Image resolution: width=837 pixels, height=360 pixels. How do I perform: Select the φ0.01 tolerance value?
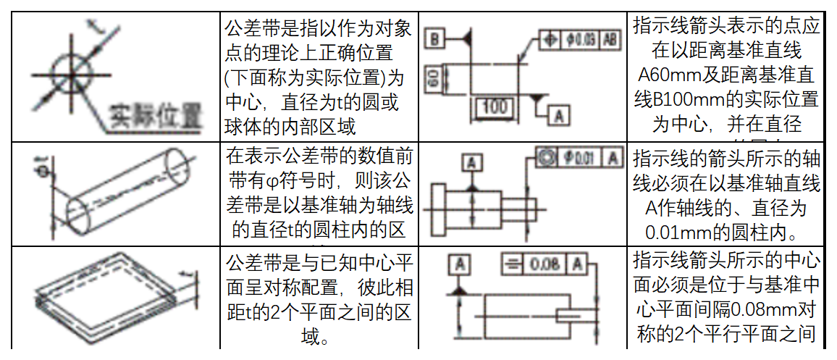coord(580,156)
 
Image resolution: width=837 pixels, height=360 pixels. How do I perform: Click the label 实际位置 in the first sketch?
coord(156,115)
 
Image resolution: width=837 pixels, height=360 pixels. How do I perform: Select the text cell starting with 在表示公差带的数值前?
coord(319,192)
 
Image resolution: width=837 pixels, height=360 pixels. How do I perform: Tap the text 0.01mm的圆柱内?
coord(726,233)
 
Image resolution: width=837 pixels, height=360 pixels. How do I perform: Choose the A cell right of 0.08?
coord(578,264)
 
